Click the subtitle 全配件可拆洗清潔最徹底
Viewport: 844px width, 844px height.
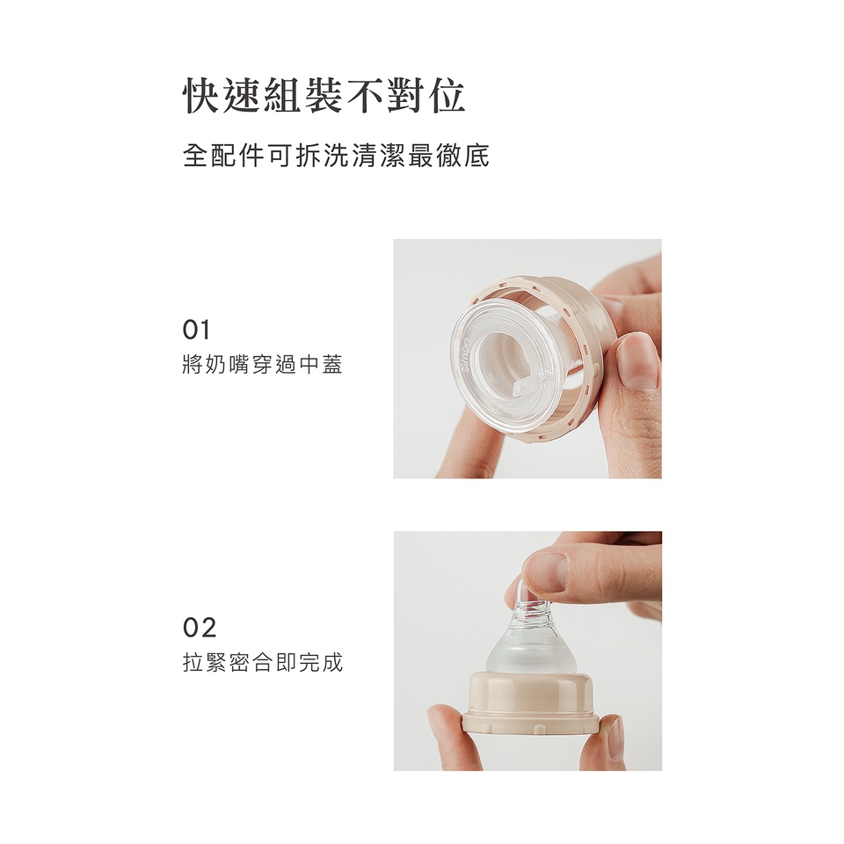pos(336,156)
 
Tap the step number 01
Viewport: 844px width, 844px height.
pos(196,330)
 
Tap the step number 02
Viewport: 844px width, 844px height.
pos(200,628)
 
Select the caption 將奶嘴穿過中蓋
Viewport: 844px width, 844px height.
pos(263,365)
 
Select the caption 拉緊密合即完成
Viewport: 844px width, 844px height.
pos(263,663)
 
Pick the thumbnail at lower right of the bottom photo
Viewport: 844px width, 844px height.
pos(615,737)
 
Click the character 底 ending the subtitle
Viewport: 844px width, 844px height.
pos(477,156)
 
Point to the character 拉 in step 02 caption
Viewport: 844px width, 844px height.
pos(193,663)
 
